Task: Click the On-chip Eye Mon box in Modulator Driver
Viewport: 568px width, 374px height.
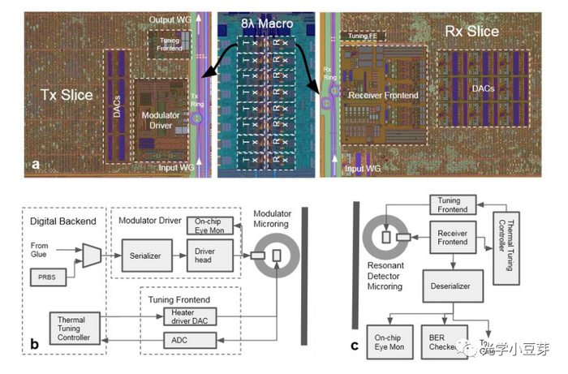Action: coord(213,225)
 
